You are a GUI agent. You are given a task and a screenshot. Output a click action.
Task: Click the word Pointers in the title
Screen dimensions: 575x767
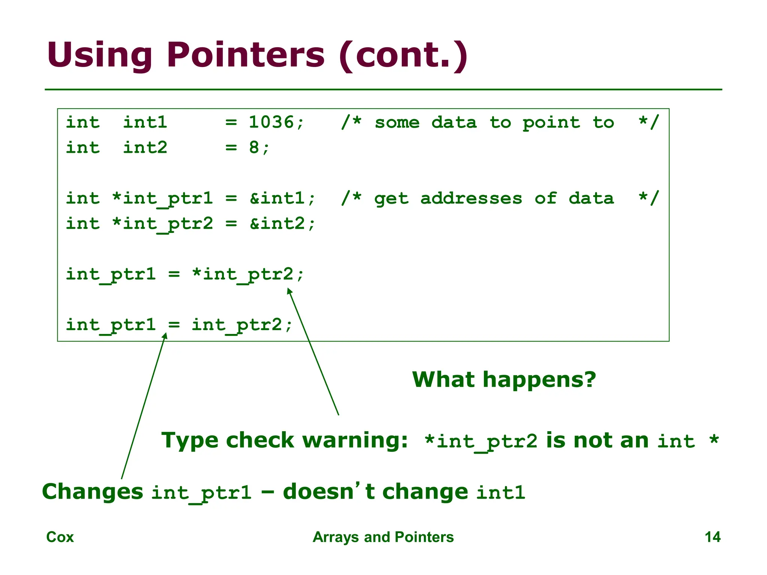pyautogui.click(x=246, y=55)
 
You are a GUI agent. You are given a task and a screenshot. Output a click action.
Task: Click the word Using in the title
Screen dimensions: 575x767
pyautogui.click(x=100, y=55)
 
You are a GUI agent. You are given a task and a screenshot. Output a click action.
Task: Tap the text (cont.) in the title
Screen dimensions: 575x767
pyautogui.click(x=403, y=55)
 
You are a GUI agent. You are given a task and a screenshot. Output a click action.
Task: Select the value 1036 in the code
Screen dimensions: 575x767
pyautogui.click(x=272, y=122)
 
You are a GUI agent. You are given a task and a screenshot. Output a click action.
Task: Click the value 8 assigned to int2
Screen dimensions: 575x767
pyautogui.click(x=254, y=147)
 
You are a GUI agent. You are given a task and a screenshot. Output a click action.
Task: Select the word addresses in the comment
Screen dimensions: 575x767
pyautogui.click(x=471, y=198)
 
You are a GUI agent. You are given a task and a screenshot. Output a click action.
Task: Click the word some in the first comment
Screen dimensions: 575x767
pyautogui.click(x=397, y=122)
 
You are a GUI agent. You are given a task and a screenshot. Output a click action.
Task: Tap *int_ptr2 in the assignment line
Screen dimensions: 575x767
pyautogui.click(x=243, y=274)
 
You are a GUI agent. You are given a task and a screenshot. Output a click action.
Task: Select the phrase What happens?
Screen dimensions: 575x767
pyautogui.click(x=504, y=380)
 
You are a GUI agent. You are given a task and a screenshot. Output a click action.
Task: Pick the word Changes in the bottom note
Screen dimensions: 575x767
pyautogui.click(x=93, y=492)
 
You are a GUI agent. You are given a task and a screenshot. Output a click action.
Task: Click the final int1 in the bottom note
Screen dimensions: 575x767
pyautogui.click(x=501, y=493)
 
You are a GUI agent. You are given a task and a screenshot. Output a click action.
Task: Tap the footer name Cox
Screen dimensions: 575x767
pyautogui.click(x=60, y=537)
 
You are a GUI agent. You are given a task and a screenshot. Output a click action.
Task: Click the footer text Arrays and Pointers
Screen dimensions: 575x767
pyautogui.click(x=383, y=537)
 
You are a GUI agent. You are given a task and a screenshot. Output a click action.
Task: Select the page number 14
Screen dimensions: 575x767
pyautogui.click(x=712, y=537)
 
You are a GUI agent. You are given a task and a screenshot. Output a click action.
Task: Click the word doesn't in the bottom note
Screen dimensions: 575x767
pyautogui.click(x=329, y=492)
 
